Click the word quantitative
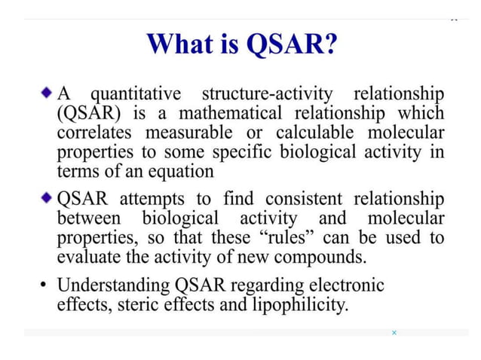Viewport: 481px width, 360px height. [136, 96]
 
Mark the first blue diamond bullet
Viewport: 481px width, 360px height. [47, 96]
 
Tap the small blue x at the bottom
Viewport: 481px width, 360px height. [394, 332]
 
